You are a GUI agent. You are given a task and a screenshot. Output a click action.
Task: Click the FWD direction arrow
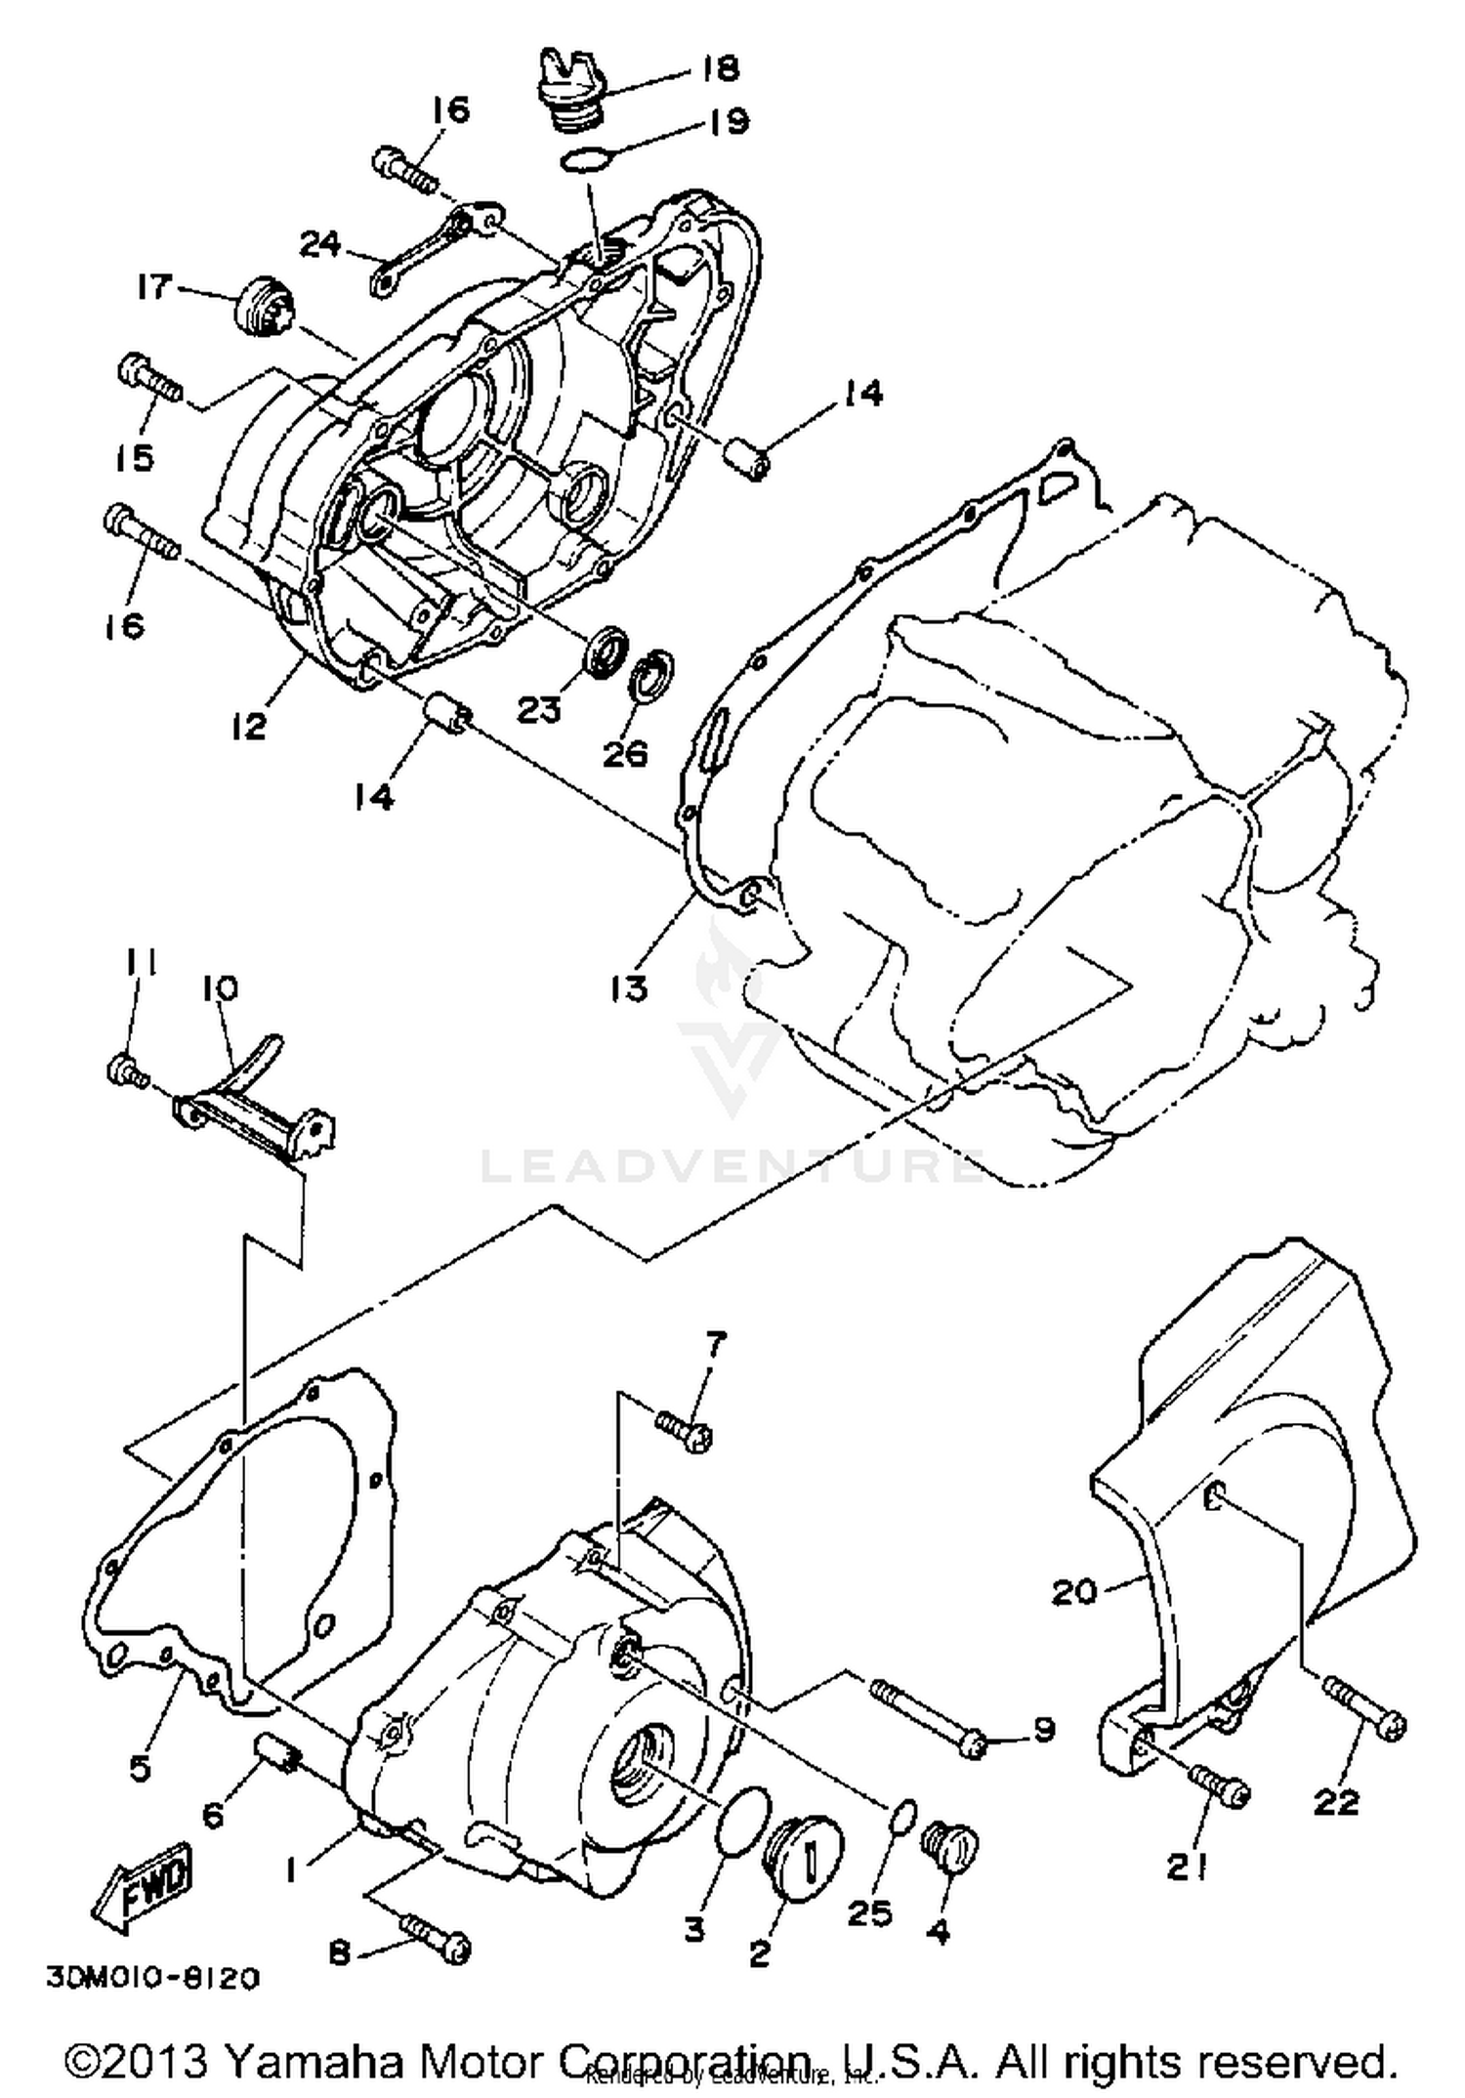[x=142, y=1884]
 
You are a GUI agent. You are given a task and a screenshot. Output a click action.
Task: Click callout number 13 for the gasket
[x=631, y=987]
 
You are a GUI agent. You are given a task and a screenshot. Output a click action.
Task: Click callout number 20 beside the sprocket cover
[x=1073, y=1591]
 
